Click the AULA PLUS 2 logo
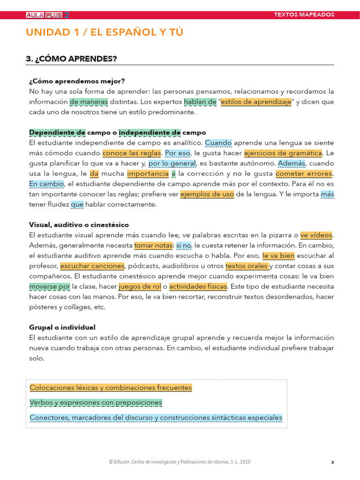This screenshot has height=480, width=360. tap(47, 15)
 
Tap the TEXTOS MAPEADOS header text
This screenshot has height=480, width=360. tap(304, 15)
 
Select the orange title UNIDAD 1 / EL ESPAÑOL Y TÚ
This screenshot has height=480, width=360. tap(105, 32)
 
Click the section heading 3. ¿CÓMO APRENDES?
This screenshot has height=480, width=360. tap(71, 59)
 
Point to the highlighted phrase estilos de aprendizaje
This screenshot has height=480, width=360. tap(256, 102)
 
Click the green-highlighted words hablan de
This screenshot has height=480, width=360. tap(200, 102)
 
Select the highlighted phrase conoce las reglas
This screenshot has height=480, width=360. tap(132, 153)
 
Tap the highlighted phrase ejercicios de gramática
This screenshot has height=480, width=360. tap(283, 153)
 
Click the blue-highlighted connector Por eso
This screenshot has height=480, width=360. tap(178, 153)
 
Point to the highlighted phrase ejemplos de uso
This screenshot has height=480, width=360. tap(207, 194)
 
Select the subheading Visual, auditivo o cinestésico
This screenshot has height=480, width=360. tap(79, 225)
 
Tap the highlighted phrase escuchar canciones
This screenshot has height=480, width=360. tap(92, 266)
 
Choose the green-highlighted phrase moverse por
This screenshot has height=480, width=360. tap(50, 286)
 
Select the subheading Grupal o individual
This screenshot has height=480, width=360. tap(62, 327)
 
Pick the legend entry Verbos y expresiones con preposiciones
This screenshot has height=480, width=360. tap(96, 403)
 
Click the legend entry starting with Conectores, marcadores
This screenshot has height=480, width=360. tap(156, 417)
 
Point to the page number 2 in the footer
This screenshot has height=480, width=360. tap(332, 462)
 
